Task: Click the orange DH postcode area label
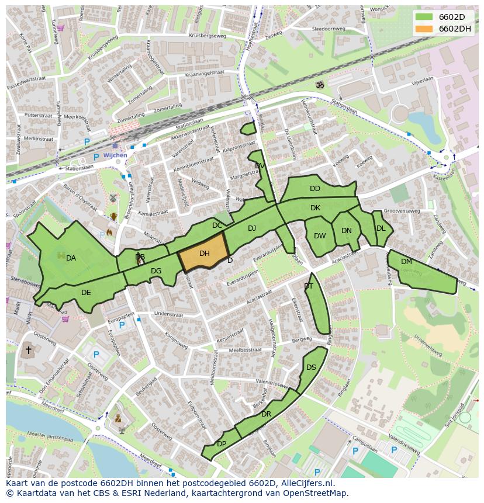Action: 204,254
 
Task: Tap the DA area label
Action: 71,258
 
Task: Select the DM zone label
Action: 406,262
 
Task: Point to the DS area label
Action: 311,367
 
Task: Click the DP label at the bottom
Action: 222,444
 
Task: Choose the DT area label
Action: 309,286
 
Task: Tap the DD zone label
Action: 315,189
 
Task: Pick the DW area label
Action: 320,236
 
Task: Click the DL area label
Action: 381,228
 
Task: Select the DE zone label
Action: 86,293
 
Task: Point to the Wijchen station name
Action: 115,156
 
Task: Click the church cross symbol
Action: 28,350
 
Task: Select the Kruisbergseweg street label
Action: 206,36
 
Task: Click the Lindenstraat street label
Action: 168,314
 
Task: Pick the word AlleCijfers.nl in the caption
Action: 306,483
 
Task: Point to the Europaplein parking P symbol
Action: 122,325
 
